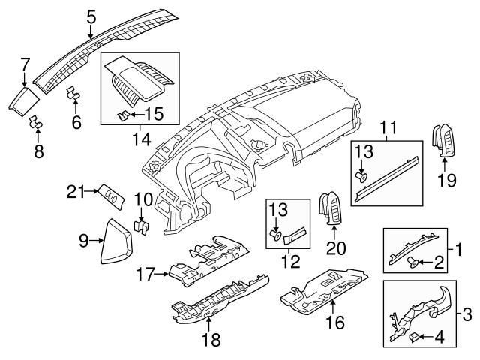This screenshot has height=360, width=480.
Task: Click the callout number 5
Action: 91,15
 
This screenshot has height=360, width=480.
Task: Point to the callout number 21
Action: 73,193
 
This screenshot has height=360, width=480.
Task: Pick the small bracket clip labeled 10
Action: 140,224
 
